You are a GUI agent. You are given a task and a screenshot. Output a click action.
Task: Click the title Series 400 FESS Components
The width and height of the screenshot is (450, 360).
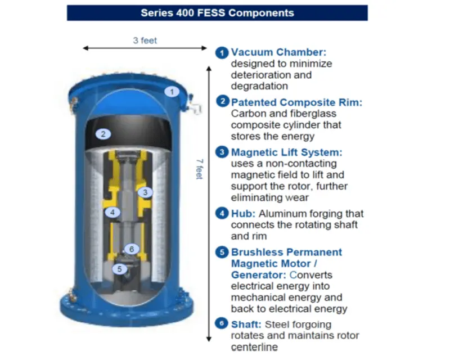(x=217, y=13)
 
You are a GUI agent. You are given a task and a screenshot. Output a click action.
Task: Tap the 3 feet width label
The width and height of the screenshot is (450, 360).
(x=145, y=40)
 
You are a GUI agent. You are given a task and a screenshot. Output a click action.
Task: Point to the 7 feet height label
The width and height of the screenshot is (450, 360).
(x=200, y=169)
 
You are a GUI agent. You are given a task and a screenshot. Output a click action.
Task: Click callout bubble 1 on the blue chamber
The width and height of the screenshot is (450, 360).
(x=172, y=92)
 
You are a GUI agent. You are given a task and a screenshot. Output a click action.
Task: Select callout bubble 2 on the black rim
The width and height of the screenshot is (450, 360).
(x=103, y=134)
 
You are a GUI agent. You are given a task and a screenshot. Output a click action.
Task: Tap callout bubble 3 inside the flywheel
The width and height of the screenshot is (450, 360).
(x=145, y=192)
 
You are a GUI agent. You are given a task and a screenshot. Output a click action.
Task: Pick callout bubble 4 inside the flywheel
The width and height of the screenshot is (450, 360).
(x=112, y=212)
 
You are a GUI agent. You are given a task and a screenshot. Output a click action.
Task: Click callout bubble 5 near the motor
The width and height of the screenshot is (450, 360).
(x=119, y=269)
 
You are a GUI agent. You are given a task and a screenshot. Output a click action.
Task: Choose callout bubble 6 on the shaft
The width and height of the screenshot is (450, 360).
(x=132, y=249)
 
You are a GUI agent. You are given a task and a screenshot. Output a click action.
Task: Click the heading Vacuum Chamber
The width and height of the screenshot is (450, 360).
(x=278, y=52)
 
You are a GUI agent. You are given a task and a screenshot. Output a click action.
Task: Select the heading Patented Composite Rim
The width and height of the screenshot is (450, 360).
(x=297, y=102)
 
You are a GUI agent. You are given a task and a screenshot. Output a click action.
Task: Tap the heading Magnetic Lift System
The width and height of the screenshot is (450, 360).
(x=287, y=152)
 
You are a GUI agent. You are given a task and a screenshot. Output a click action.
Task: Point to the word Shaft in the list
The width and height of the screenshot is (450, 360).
(x=246, y=325)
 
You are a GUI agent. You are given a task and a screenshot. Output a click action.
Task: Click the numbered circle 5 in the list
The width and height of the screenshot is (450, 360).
(x=222, y=253)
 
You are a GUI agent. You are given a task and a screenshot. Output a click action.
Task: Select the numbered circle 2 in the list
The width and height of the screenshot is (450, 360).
(x=222, y=101)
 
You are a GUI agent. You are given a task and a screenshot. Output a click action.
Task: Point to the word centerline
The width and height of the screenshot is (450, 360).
(x=254, y=347)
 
